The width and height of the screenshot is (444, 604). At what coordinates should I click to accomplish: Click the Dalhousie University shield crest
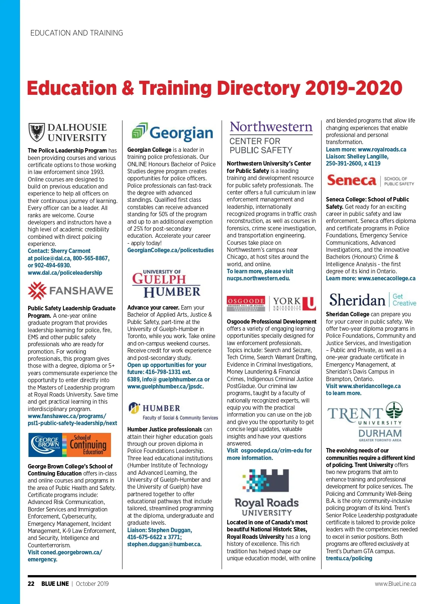tap(37, 132)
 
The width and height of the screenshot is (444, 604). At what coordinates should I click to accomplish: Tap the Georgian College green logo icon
tap(140, 131)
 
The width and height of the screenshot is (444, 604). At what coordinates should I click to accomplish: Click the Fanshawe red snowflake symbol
tap(37, 290)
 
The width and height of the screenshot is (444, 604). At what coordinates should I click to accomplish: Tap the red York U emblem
tap(309, 303)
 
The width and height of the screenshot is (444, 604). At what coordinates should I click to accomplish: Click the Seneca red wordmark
tap(351, 180)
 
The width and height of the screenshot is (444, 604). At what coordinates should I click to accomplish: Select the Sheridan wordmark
tap(357, 300)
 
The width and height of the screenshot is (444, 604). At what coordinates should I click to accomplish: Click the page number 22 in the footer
tap(31, 584)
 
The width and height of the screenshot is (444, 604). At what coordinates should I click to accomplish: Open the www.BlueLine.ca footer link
tap(395, 584)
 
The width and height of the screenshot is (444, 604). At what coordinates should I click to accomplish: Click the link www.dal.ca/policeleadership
tap(65, 273)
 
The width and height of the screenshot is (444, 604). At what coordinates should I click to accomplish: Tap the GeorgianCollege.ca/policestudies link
tap(170, 250)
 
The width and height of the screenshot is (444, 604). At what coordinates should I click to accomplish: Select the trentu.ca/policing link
tap(349, 558)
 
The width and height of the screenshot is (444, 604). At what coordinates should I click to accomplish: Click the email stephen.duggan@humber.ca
tap(164, 544)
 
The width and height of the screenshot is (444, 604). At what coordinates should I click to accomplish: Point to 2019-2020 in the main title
tap(354, 89)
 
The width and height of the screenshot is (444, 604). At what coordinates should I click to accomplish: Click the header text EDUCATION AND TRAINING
tap(77, 33)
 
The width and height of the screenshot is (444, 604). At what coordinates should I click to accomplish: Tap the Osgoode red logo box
tap(246, 303)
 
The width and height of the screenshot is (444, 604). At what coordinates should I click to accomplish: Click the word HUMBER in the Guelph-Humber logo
tap(172, 292)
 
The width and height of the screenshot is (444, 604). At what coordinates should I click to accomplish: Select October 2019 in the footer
tap(92, 584)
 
